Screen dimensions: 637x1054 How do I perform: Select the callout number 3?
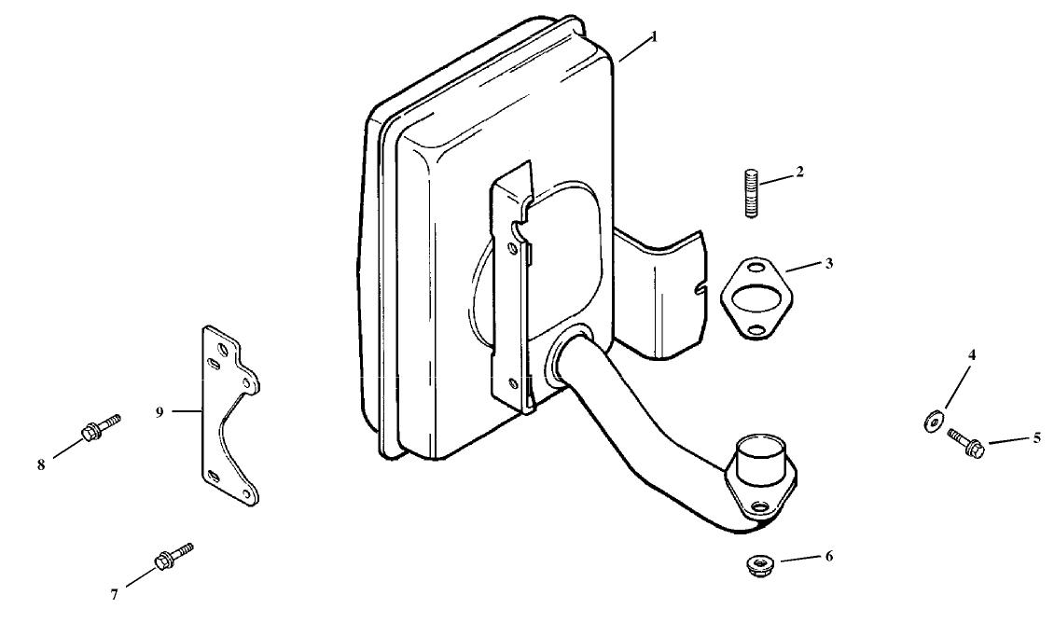[x=829, y=263]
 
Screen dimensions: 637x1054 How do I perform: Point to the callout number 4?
[x=971, y=355]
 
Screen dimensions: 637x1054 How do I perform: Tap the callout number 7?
[x=115, y=594]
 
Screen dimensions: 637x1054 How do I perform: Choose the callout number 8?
[x=41, y=464]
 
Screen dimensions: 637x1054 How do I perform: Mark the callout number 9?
[x=159, y=411]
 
